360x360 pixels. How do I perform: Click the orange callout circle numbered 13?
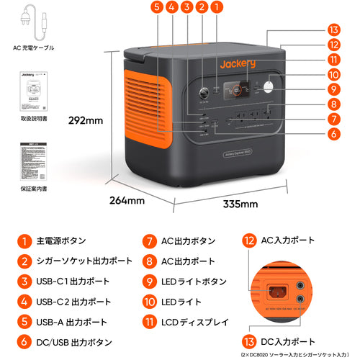click(332, 30)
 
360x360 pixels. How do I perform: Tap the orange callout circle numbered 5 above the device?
click(157, 9)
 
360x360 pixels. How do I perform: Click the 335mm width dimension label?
click(239, 204)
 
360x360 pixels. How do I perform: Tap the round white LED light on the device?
click(269, 88)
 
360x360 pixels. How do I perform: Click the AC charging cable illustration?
click(34, 23)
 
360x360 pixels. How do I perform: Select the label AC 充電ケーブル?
click(34, 51)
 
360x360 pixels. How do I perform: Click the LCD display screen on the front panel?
click(235, 91)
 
